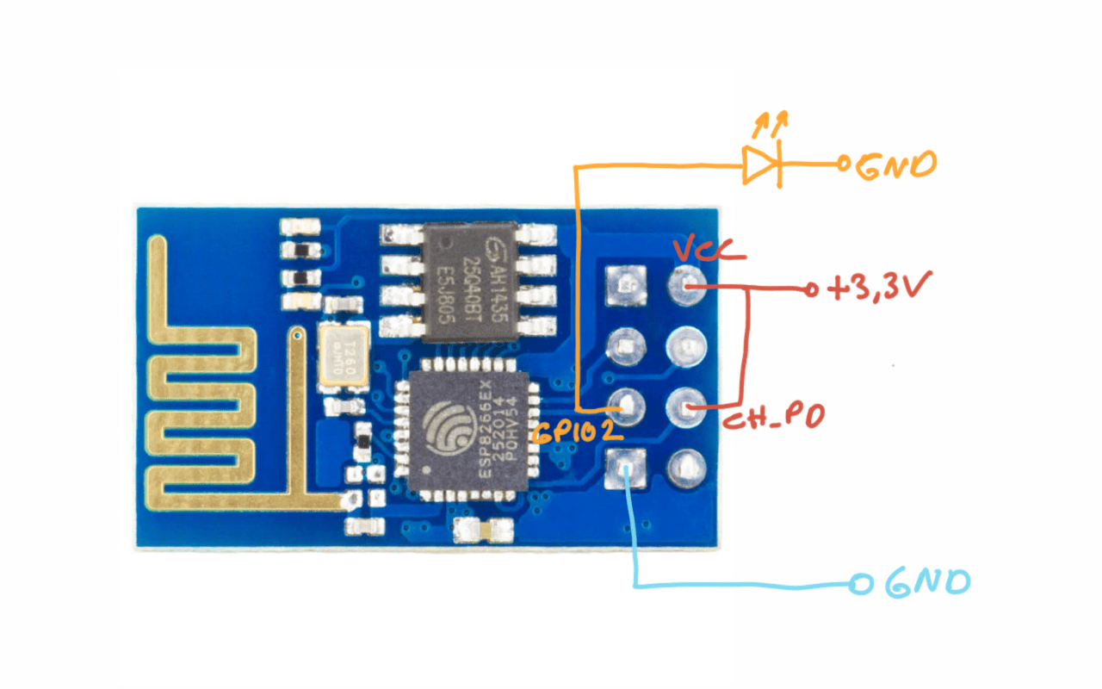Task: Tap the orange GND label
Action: [x=895, y=164]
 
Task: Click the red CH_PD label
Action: [x=774, y=419]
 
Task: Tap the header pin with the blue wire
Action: [x=626, y=469]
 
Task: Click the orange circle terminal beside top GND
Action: [x=845, y=164]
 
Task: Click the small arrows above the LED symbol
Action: [x=771, y=126]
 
